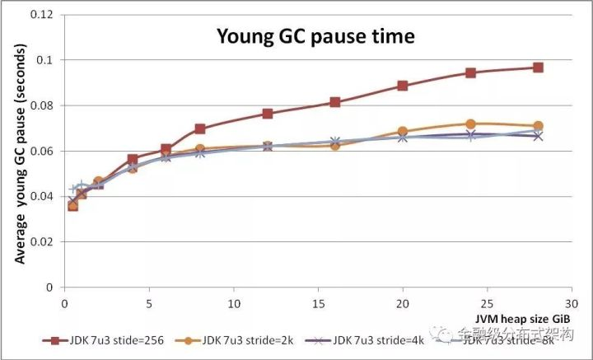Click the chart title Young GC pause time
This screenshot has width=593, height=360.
pyautogui.click(x=315, y=36)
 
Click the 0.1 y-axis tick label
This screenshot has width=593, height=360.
pyautogui.click(x=48, y=61)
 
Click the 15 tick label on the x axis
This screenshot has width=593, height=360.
pyautogui.click(x=318, y=302)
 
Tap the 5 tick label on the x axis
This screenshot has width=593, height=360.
pyautogui.click(x=149, y=302)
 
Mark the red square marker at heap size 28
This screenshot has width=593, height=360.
pyautogui.click(x=538, y=68)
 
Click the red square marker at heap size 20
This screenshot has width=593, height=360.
pyautogui.click(x=403, y=86)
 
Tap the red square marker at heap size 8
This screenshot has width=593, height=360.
pyautogui.click(x=200, y=129)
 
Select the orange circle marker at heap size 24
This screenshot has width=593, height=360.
pyautogui.click(x=470, y=124)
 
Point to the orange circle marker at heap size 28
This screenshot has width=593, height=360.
pyautogui.click(x=538, y=126)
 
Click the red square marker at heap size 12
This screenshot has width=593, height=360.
pyautogui.click(x=268, y=114)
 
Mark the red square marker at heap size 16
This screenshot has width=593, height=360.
pyautogui.click(x=335, y=102)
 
